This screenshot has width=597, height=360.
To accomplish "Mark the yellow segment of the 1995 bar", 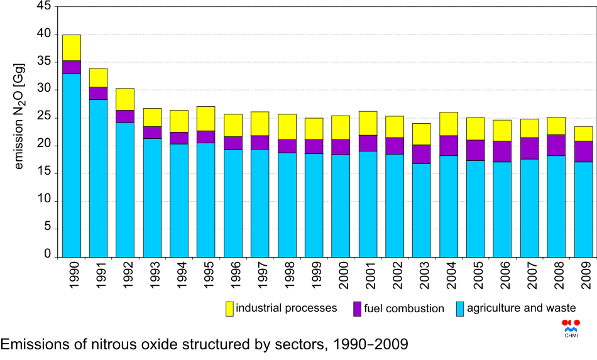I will (206, 118).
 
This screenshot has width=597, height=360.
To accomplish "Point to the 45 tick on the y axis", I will (44, 6).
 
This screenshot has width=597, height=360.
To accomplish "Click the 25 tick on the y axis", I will (44, 117).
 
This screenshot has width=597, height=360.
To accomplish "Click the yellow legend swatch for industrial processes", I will (229, 308).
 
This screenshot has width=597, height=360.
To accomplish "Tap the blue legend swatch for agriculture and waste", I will (460, 308).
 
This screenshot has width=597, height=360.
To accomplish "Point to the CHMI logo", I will (571, 327).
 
